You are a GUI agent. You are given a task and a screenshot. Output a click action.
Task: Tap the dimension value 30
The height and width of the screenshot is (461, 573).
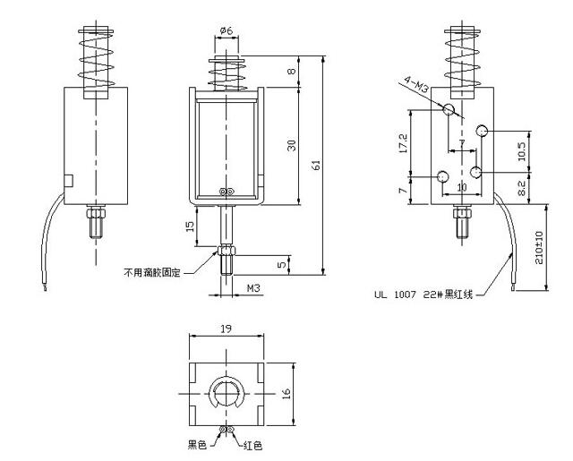tap(291, 145)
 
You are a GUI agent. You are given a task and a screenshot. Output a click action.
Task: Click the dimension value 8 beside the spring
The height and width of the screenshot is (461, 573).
tap(291, 72)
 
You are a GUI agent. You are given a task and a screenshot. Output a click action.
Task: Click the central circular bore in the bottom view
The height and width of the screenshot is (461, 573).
tap(226, 393)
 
